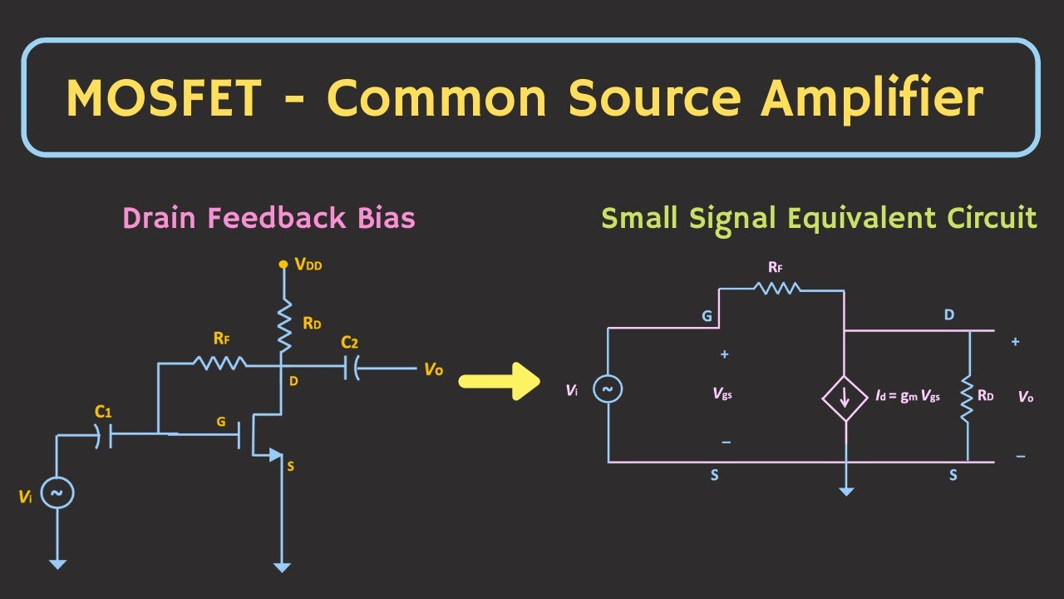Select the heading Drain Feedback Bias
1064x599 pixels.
point(268,218)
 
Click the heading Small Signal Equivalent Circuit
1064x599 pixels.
point(819,218)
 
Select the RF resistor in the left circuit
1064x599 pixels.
point(219,363)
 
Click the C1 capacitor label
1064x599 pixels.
point(103,411)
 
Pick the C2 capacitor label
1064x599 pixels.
point(349,342)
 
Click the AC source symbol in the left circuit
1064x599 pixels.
point(57,493)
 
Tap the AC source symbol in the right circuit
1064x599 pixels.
point(608,389)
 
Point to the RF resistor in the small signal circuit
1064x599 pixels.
point(777,288)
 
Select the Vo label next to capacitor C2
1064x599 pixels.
point(433,369)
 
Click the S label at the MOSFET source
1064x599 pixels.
point(290,467)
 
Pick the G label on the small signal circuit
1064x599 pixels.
point(707,317)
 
